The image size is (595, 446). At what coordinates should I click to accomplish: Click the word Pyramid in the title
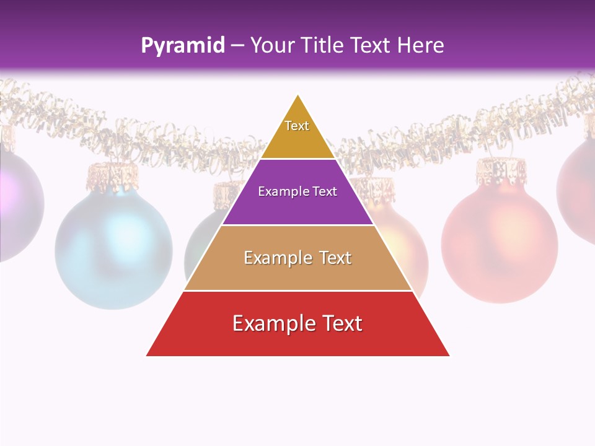point(183,46)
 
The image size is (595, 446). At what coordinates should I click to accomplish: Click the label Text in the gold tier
point(297,126)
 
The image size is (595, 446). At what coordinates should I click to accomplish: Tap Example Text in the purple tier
point(297,191)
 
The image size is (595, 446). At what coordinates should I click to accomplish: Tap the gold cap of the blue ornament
point(112,175)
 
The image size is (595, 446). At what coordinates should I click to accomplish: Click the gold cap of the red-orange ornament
point(501,169)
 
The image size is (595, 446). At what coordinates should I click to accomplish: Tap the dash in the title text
point(237,46)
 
